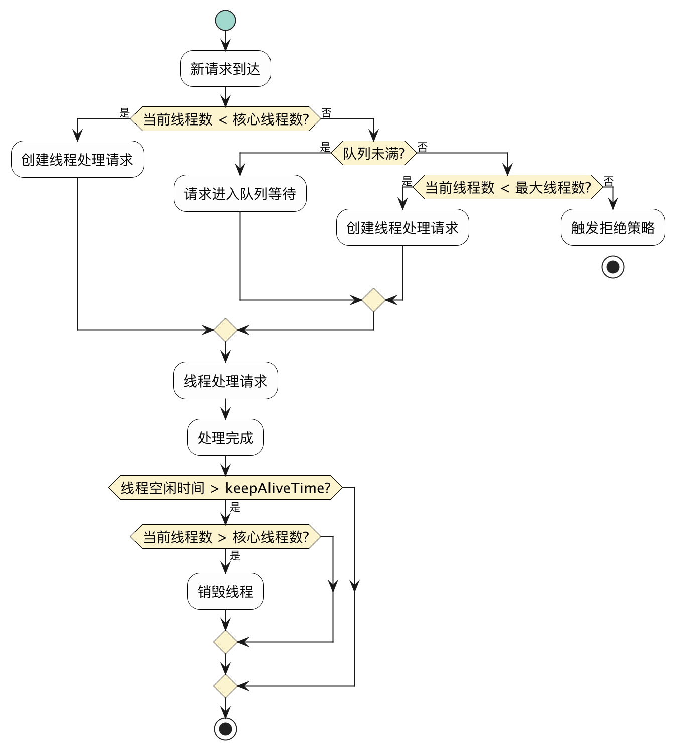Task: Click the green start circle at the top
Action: coord(225,20)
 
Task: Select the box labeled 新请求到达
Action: coord(225,69)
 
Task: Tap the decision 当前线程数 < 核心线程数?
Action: coord(225,119)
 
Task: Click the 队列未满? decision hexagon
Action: coord(373,153)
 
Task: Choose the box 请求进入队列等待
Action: coord(240,193)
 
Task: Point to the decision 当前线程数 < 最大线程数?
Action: coord(507,187)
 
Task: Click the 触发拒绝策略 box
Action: coord(612,227)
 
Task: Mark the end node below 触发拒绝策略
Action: coord(613,267)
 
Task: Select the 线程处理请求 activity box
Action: coord(225,381)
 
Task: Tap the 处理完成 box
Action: coord(225,437)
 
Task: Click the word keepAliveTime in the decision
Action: coord(278,488)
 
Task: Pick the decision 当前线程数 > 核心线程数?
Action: coord(225,537)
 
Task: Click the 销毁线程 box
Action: coord(225,591)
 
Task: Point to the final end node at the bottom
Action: coord(225,728)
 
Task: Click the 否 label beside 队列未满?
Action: coord(423,147)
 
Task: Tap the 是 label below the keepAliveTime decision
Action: coord(235,507)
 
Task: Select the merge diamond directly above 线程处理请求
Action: coord(225,330)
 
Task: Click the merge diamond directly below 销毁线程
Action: coord(225,642)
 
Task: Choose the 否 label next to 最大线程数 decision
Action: coord(608,181)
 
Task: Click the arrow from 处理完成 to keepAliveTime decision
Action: coord(225,465)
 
